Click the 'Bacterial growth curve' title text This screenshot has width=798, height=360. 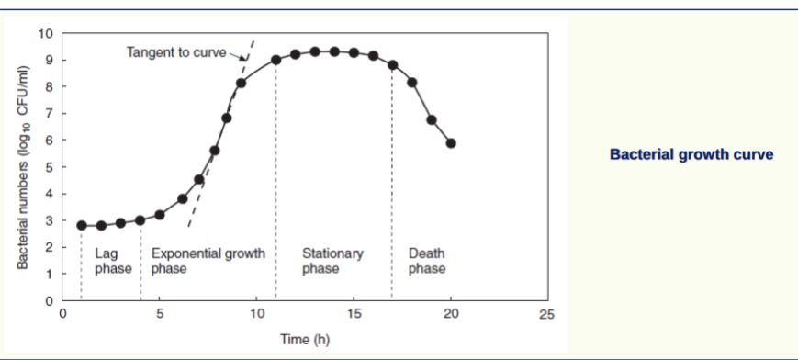click(691, 154)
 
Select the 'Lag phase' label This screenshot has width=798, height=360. click(113, 261)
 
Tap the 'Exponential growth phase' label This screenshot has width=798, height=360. click(208, 261)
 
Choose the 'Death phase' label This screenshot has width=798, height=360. click(427, 261)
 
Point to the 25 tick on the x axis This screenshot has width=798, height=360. click(548, 315)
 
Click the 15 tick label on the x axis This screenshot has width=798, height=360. click(354, 315)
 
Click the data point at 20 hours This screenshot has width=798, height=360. click(451, 143)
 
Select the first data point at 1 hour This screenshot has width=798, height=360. click(82, 225)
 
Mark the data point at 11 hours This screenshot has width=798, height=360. click(275, 60)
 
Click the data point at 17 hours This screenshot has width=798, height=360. click(392, 65)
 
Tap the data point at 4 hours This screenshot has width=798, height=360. click(140, 220)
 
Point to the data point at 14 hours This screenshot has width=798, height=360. click(334, 51)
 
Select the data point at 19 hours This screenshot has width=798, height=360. click(432, 120)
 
